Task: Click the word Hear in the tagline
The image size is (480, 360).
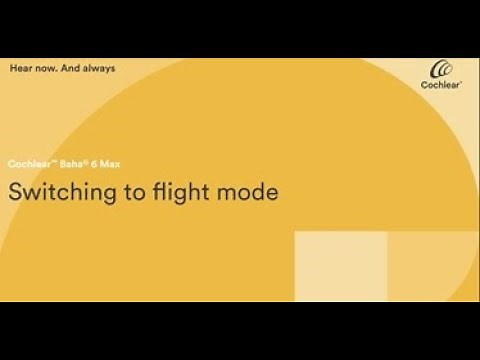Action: click(x=19, y=68)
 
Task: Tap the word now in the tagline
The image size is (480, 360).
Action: click(x=44, y=68)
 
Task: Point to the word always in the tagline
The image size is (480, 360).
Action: click(x=100, y=68)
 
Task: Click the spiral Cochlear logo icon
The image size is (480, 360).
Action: click(x=442, y=70)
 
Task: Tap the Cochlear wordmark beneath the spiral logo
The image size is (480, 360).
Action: click(x=441, y=88)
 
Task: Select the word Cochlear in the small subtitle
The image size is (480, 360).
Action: click(x=26, y=163)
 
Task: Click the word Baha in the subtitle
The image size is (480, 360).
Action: click(x=65, y=163)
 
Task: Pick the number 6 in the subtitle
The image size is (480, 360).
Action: click(x=88, y=163)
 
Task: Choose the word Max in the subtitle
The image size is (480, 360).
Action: click(x=103, y=163)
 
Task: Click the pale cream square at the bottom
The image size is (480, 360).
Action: click(x=340, y=265)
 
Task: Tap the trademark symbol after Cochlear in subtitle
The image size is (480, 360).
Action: click(x=47, y=161)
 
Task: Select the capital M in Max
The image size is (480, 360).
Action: click(x=98, y=163)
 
